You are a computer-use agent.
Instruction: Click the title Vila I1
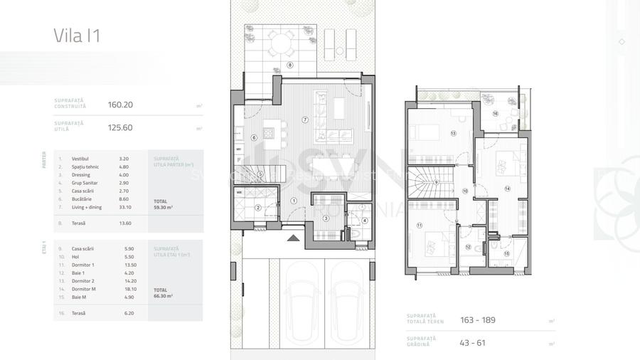(77, 36)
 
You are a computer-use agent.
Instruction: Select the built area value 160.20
(120, 105)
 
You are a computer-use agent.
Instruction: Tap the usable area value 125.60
(120, 128)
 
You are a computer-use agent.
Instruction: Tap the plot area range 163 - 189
(478, 320)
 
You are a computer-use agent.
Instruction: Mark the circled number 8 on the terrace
(290, 65)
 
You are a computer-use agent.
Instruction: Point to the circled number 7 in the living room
(304, 119)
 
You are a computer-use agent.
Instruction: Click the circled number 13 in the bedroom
(453, 133)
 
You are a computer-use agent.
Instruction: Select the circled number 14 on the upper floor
(507, 189)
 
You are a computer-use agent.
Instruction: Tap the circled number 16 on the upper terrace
(495, 114)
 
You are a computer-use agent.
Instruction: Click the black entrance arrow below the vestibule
(289, 239)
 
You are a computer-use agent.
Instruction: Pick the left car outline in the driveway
(299, 302)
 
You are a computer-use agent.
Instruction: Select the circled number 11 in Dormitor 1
(420, 226)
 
